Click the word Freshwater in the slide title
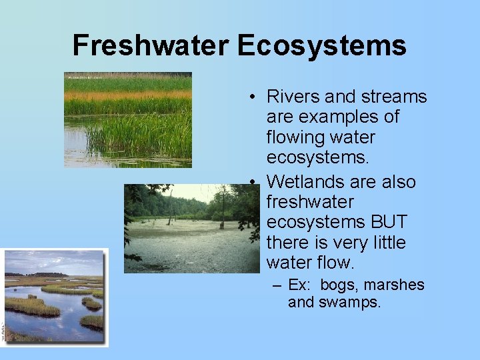[151, 45]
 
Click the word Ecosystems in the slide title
[321, 45]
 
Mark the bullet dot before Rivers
[255, 97]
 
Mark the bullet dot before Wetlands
[255, 182]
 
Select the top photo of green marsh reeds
[127, 119]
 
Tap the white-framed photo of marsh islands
[54, 297]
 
